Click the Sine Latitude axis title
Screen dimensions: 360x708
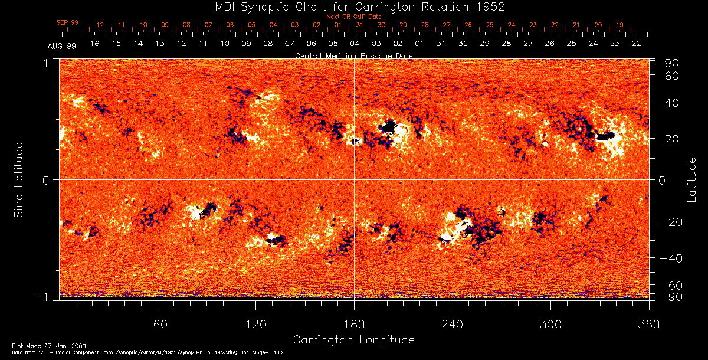click(x=19, y=179)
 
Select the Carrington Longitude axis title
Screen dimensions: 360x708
click(x=353, y=340)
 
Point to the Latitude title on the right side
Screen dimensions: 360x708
click(x=691, y=179)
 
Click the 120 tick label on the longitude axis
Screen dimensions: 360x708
click(x=256, y=324)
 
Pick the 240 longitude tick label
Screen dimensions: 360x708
click(x=453, y=324)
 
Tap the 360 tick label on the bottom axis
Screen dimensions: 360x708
click(x=649, y=324)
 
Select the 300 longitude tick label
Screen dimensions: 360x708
click(x=550, y=324)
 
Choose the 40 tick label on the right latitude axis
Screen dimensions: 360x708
click(x=673, y=103)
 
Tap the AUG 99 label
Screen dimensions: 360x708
click(x=62, y=45)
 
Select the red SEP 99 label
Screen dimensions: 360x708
click(x=68, y=22)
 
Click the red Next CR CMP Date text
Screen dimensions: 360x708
click(x=353, y=17)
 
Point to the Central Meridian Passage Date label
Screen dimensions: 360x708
click(x=353, y=55)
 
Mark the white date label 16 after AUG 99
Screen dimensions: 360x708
click(x=94, y=44)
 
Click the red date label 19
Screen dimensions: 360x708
click(x=619, y=25)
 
